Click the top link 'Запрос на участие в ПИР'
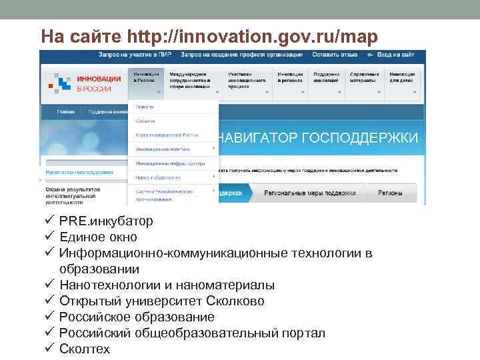tap(135, 54)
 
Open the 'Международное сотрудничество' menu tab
tap(187, 80)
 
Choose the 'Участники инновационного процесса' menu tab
tap(246, 80)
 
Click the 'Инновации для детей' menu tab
tap(403, 77)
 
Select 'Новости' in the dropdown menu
tap(145, 107)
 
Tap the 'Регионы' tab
tap(390, 193)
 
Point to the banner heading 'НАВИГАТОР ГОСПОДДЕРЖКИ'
tap(319, 138)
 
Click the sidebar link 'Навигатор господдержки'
tap(79, 172)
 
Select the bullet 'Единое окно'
tap(97, 237)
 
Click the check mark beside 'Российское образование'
tap(49, 317)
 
